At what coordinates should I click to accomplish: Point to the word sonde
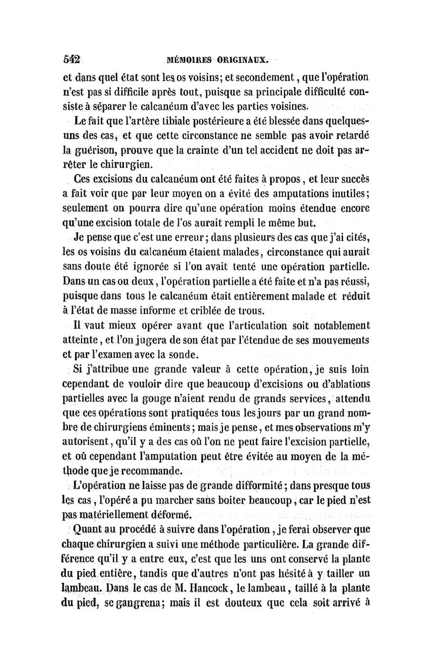coord(171,355)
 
